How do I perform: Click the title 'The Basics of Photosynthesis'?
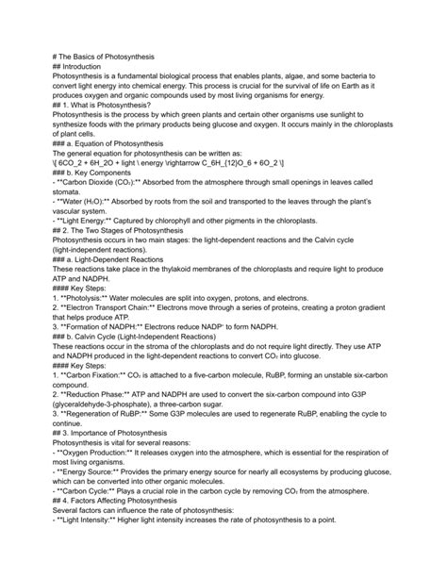tap(113, 58)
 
